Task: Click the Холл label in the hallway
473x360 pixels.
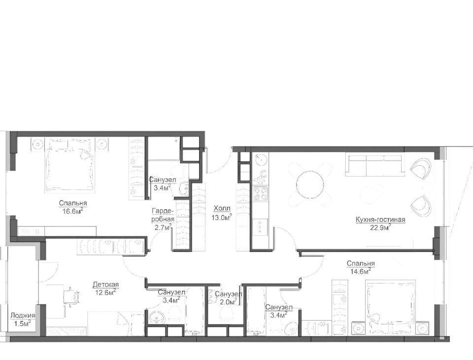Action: pos(222,209)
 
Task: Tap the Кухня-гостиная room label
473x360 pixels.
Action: pos(380,220)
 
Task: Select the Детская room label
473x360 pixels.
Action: pos(105,285)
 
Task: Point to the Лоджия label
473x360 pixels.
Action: pos(23,316)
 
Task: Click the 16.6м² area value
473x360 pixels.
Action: pos(71,211)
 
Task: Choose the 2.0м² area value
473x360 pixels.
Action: pos(226,301)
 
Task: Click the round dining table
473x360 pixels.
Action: pos(310,183)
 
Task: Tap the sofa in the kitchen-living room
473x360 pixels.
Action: pos(374,166)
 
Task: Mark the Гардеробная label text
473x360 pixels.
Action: pos(163,215)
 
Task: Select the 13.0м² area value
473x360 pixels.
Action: pos(222,217)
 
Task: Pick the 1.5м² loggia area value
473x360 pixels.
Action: pos(23,324)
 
